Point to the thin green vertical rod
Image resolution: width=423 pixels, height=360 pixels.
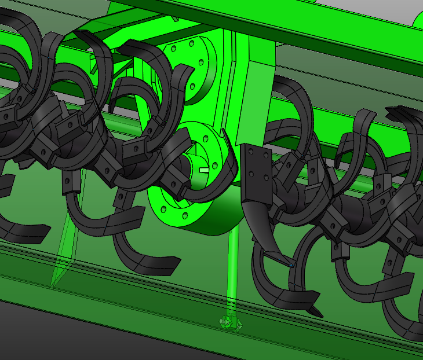(232, 266)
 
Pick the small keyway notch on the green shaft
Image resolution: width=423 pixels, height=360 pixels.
(203, 170)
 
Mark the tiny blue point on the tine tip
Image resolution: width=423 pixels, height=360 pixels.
(291, 266)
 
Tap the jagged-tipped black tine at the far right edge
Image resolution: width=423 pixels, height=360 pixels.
(406, 116)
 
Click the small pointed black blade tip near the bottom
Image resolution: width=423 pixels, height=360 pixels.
(316, 312)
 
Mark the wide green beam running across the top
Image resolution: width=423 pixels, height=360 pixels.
(261, 23)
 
